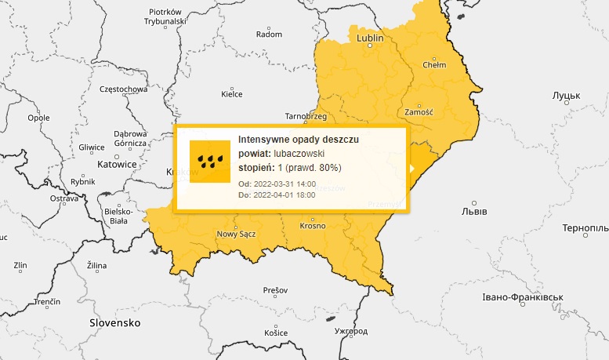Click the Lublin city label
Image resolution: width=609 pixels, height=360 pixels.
(369, 38)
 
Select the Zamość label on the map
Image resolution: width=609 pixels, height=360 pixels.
(420, 111)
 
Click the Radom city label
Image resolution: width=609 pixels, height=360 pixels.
(269, 35)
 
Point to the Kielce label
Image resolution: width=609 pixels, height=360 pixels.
(232, 94)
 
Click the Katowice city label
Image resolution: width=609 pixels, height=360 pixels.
(116, 165)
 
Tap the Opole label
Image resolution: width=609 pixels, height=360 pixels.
(38, 118)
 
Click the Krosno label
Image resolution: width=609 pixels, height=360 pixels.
(312, 226)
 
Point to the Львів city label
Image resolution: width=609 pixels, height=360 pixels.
(475, 213)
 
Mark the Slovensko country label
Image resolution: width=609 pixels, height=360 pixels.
(114, 322)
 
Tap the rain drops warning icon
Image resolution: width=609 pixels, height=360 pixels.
(209, 162)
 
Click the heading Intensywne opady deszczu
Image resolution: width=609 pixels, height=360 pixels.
(298, 139)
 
